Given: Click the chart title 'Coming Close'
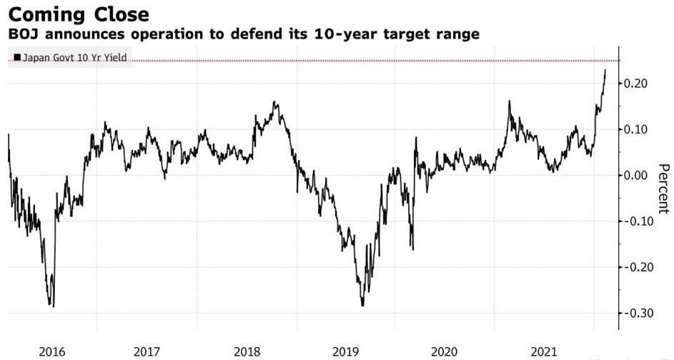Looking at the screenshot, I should pyautogui.click(x=79, y=14).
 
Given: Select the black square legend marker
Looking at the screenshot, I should pyautogui.click(x=17, y=57).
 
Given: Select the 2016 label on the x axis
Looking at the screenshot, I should pyautogui.click(x=52, y=351).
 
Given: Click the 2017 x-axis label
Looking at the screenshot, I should pyautogui.click(x=147, y=351).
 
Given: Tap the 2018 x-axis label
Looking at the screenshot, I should pyautogui.click(x=247, y=351).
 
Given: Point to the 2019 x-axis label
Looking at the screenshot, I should pyautogui.click(x=345, y=351).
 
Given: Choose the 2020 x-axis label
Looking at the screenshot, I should pyautogui.click(x=445, y=351).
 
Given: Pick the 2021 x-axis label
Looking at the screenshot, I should pyautogui.click(x=543, y=351).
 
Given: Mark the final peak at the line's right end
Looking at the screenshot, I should pyautogui.click(x=605, y=70).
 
